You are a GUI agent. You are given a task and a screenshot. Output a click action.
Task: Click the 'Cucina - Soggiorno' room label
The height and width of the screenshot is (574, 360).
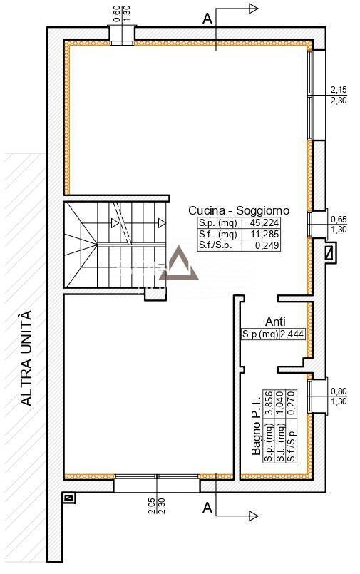(238, 210)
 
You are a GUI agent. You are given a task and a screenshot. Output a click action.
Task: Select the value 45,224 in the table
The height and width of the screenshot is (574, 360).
(262, 222)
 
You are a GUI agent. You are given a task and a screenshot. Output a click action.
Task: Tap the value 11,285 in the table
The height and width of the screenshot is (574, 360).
(262, 234)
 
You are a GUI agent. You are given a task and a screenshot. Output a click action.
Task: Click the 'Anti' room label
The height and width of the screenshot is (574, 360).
(275, 322)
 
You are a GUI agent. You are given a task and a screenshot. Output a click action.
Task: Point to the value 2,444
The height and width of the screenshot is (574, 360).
(292, 333)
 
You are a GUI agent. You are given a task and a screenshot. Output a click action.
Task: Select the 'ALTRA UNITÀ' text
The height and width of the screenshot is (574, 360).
(26, 357)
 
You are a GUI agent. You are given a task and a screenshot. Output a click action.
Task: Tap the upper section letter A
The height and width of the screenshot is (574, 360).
(207, 19)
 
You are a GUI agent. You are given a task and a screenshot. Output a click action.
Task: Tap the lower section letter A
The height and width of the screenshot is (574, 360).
(207, 508)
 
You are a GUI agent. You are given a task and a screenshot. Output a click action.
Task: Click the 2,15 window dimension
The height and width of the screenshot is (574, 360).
(339, 91)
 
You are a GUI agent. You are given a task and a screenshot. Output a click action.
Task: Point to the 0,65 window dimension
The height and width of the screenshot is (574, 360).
(339, 220)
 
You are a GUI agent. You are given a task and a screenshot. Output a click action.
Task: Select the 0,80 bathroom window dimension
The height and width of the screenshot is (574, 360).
(339, 391)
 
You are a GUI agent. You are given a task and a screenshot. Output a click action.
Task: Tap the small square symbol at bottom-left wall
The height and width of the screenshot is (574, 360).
(68, 498)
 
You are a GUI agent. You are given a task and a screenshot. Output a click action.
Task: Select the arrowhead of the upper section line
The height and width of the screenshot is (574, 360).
(252, 8)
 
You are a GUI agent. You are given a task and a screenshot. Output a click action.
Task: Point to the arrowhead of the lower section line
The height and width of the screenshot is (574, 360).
(252, 514)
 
